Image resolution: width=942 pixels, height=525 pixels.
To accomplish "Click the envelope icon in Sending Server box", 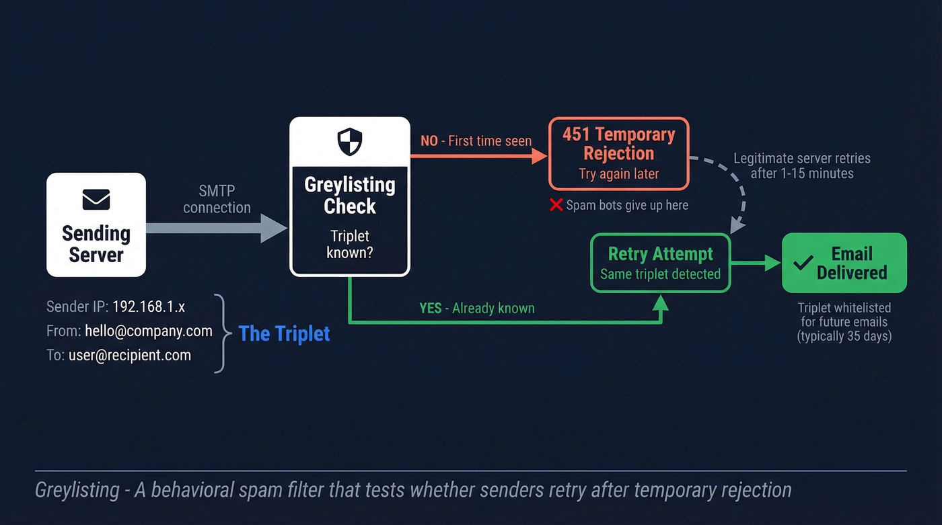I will point(96,200).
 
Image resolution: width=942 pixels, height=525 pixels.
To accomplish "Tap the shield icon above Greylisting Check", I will point(350,142).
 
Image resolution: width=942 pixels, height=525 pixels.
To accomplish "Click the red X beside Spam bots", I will point(556,205).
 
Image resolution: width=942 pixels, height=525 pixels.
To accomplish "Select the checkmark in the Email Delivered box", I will point(803,263).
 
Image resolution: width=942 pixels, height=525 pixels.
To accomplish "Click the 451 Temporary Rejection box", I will point(618,154).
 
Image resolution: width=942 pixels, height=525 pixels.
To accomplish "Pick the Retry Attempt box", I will point(660,263).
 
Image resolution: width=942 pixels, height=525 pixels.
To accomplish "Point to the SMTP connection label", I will point(217,200).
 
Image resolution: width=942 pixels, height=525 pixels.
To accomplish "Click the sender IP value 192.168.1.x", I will point(148,307).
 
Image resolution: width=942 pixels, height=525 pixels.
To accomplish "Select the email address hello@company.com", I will point(149,331).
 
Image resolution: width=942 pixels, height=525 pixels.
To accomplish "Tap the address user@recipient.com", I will point(129,355).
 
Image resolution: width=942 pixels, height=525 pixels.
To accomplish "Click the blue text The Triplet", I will point(284,333).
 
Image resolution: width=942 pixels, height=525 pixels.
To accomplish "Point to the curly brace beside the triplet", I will point(220,333).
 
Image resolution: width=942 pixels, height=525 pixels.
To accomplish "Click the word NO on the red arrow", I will point(429,141).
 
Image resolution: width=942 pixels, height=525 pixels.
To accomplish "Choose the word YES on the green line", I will point(431,309).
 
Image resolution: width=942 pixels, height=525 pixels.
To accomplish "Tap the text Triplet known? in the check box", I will point(349,245).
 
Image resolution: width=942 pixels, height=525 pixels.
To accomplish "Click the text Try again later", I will point(618,174).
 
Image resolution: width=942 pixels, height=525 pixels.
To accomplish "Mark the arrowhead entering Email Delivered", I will point(774,263).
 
